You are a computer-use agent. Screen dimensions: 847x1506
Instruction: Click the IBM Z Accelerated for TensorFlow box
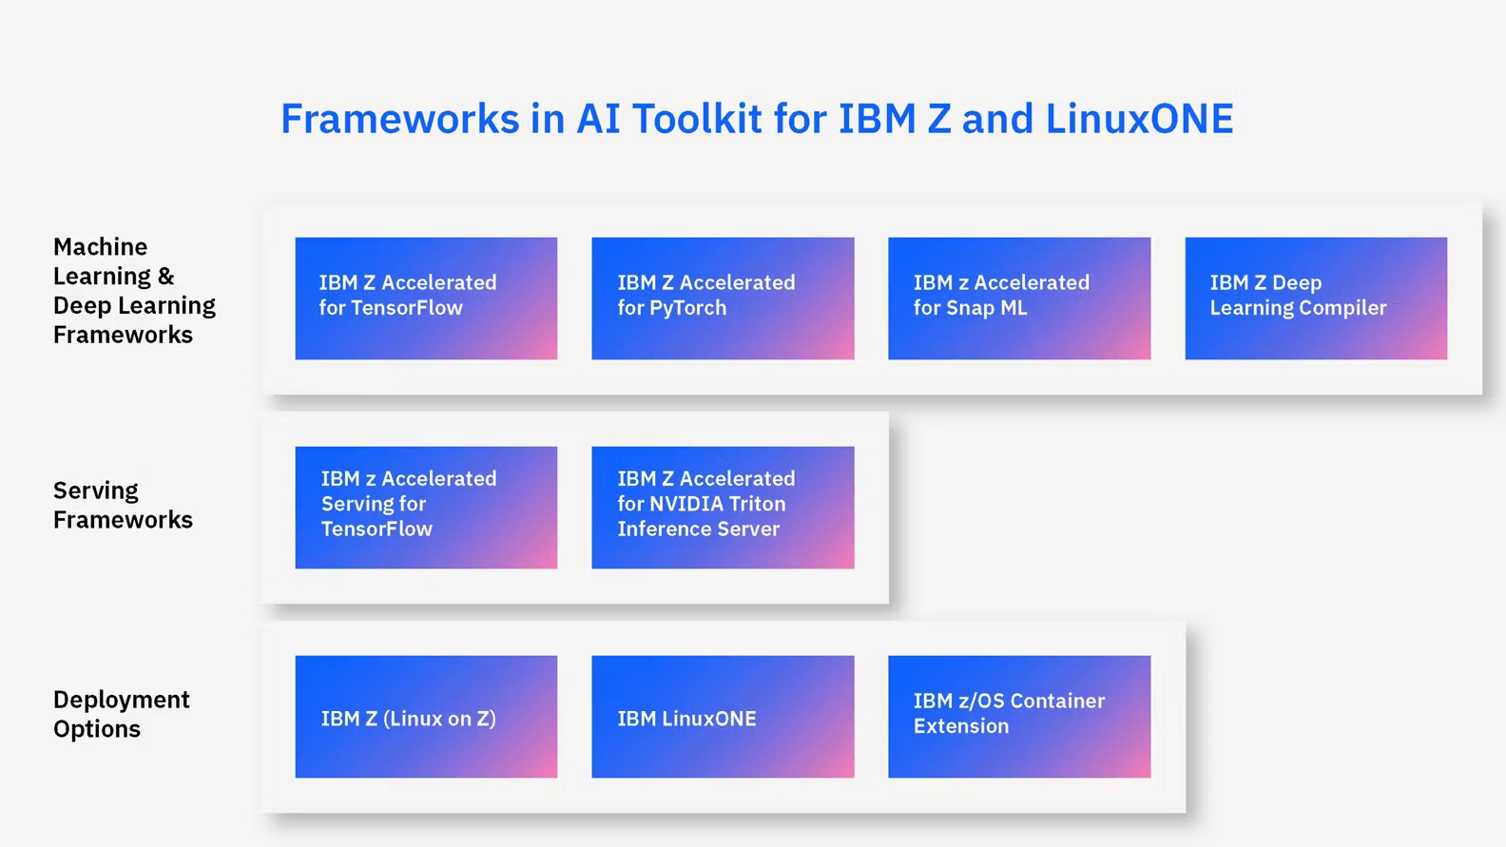pyautogui.click(x=426, y=298)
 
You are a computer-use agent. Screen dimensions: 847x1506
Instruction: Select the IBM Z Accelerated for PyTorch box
pyautogui.click(x=723, y=298)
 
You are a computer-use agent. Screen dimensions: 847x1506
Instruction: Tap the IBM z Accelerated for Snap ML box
pyautogui.click(x=1019, y=298)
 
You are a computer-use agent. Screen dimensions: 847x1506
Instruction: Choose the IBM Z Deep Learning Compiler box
pyautogui.click(x=1316, y=298)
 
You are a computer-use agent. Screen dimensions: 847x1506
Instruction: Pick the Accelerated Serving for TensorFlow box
pyautogui.click(x=426, y=507)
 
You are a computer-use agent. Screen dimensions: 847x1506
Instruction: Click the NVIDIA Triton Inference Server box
pyautogui.click(x=723, y=507)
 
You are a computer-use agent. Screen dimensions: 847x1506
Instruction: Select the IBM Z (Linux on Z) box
pyautogui.click(x=426, y=716)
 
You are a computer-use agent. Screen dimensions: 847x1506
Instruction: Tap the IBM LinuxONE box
pyautogui.click(x=723, y=716)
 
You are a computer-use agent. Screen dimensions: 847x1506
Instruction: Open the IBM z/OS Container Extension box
pyautogui.click(x=1019, y=716)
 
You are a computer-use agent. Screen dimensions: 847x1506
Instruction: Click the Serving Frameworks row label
pyautogui.click(x=123, y=505)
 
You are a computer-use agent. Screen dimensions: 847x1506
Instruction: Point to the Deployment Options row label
pyautogui.click(x=121, y=714)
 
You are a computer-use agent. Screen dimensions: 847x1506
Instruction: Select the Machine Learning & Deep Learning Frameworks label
pyautogui.click(x=134, y=290)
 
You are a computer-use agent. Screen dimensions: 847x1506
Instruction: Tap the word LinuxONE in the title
pyautogui.click(x=1139, y=119)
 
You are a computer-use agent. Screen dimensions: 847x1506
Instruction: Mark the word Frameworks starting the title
pyautogui.click(x=399, y=119)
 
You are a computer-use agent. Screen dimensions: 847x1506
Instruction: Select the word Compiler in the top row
pyautogui.click(x=1342, y=308)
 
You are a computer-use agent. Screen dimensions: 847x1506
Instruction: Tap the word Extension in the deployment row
pyautogui.click(x=960, y=726)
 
